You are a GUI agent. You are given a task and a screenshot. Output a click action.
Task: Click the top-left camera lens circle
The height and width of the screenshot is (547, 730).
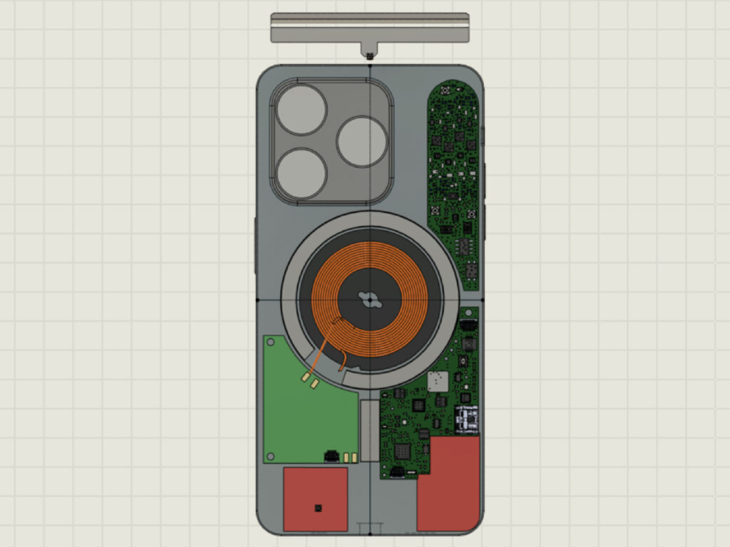tap(302, 110)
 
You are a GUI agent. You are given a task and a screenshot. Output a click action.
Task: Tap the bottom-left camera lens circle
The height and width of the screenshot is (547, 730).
tap(302, 174)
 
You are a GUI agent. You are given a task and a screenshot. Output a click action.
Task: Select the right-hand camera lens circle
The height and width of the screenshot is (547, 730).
tap(361, 142)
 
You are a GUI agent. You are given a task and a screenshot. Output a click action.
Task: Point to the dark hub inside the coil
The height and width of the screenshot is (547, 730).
tap(370, 300)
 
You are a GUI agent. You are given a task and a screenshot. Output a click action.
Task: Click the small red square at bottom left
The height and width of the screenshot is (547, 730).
tap(315, 499)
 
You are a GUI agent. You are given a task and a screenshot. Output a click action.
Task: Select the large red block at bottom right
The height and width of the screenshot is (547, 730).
tap(449, 484)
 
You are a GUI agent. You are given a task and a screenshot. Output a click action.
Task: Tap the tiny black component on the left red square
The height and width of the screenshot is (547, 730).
tap(318, 508)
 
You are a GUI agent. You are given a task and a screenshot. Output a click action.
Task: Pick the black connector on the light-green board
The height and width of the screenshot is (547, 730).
tap(331, 455)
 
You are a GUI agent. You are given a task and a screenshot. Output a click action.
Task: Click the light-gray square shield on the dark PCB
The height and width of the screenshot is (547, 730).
tap(438, 381)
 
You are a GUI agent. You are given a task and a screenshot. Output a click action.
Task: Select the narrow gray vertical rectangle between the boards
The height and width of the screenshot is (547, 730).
tap(370, 430)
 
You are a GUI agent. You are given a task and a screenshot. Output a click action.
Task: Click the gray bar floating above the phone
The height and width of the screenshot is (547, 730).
tap(370, 27)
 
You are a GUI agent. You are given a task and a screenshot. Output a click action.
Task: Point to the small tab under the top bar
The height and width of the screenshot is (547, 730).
tap(369, 51)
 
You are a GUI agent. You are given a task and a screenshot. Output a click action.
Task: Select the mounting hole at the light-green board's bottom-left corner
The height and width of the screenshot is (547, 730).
tap(270, 457)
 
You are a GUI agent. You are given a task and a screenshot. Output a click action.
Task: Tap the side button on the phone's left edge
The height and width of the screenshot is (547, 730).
tap(255, 246)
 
